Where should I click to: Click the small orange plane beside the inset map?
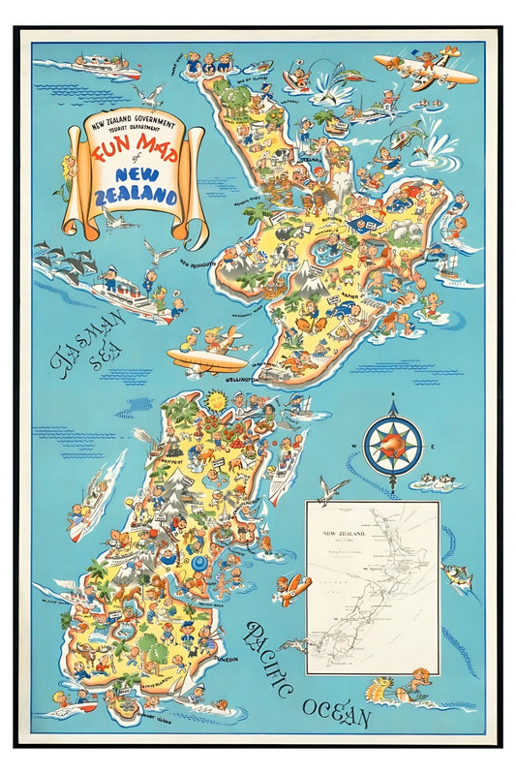pyautogui.click(x=293, y=587)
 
